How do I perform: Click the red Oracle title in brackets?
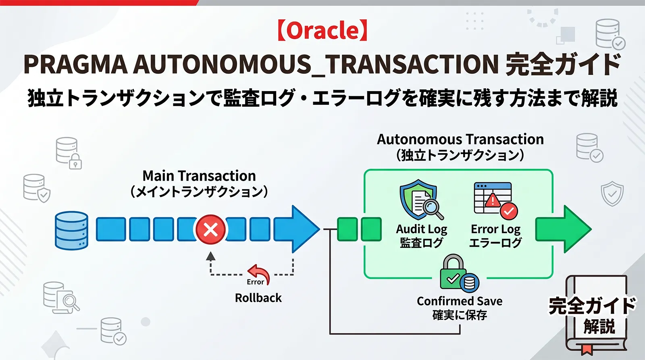coord(322,31)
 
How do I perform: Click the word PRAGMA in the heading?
coord(75,65)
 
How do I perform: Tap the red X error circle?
coord(210,230)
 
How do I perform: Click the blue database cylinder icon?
coord(71,230)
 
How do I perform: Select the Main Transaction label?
coord(199,176)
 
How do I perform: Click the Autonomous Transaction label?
coord(460,139)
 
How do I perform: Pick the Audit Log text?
coord(422,229)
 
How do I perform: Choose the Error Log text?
coord(495,229)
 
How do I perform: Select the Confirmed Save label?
coord(460,301)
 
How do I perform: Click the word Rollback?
coord(258,298)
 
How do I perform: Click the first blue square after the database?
coord(111,229)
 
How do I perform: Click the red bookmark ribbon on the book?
coord(587,349)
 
